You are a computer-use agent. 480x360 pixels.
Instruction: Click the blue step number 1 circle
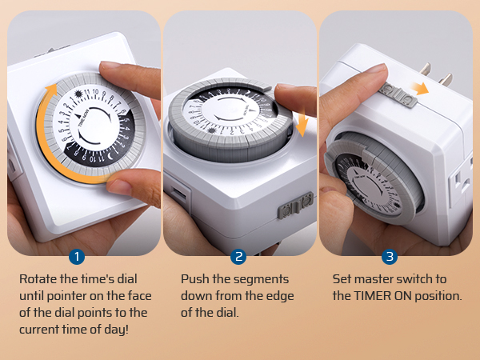tap(77, 257)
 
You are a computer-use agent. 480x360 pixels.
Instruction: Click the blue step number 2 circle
tap(238, 257)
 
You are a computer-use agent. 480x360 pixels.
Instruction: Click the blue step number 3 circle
tap(390, 257)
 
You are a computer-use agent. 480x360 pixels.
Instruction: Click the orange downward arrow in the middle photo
tap(302, 123)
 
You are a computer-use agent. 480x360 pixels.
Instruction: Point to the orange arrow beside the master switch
tap(419, 88)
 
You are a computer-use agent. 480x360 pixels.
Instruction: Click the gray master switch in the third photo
tap(398, 95)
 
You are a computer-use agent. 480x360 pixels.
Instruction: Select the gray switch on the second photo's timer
tap(296, 206)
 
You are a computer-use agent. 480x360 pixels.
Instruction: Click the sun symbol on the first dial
tap(78, 94)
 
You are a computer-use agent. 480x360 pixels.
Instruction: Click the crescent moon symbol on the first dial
tap(110, 157)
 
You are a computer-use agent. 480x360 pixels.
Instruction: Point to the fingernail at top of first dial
tap(110, 66)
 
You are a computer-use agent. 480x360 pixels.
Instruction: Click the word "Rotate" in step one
tap(38, 279)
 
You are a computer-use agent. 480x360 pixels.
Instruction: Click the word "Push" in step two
tap(194, 279)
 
